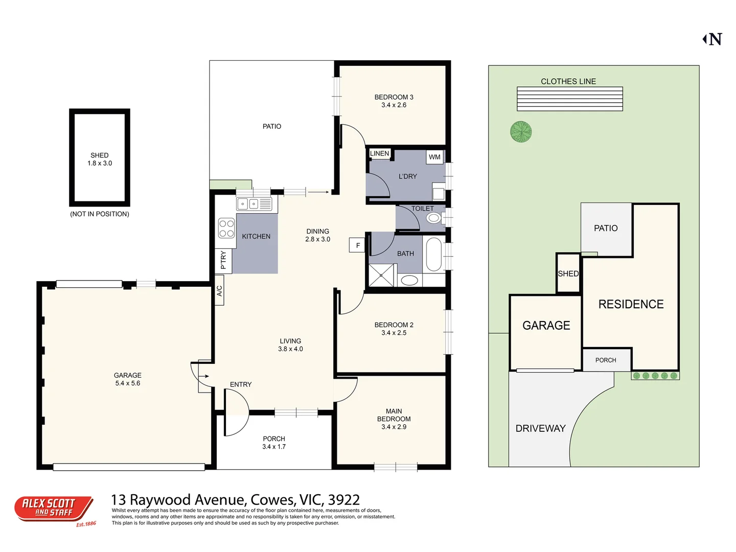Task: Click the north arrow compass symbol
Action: click(712, 39)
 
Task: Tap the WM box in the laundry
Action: click(434, 157)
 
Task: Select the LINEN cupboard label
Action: click(379, 153)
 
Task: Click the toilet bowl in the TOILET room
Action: click(434, 218)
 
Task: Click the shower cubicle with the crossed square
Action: click(382, 275)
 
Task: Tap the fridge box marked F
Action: click(357, 245)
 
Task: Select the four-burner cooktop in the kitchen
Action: click(226, 228)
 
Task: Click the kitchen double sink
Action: click(254, 204)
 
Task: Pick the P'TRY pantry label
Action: click(223, 260)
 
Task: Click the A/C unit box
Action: click(219, 291)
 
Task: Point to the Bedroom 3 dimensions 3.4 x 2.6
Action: click(394, 105)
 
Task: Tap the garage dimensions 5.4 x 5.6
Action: click(127, 383)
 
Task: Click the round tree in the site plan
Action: click(521, 131)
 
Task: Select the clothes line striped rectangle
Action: click(569, 99)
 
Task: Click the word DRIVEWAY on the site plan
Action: click(540, 428)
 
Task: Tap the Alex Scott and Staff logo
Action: click(54, 509)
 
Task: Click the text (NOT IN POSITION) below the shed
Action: click(100, 214)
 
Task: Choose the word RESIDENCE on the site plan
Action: click(631, 304)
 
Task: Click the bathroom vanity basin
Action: click(409, 280)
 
